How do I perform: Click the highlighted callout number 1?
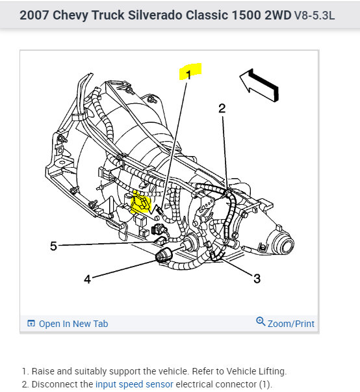point(188,75)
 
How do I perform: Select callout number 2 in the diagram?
point(222,109)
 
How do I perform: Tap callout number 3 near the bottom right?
point(257,278)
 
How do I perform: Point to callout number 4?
point(87,280)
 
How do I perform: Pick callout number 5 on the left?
point(53,246)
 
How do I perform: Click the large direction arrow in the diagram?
point(260,85)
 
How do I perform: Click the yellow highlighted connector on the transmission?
point(141,202)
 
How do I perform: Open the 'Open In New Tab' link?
point(73,324)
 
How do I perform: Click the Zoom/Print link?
point(291,324)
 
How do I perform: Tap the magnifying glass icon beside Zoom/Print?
point(261,322)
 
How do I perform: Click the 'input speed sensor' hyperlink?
point(134,384)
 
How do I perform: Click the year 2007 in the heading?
point(34,15)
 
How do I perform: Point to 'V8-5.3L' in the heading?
point(315,16)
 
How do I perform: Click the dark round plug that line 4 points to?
point(164,255)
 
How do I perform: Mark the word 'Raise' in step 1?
point(43,371)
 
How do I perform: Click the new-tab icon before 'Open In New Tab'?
point(31,323)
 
